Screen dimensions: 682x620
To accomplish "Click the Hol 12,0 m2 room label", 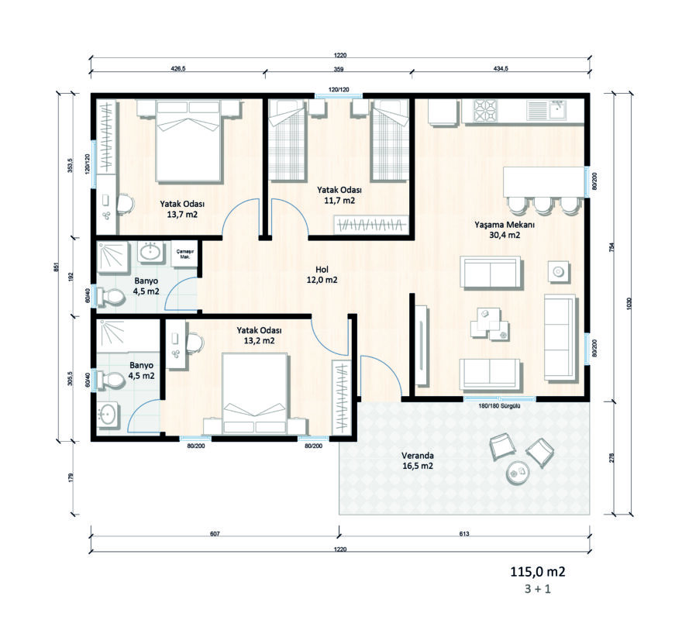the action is pyautogui.click(x=322, y=275).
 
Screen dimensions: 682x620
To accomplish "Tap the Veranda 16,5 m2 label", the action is pyautogui.click(x=417, y=461).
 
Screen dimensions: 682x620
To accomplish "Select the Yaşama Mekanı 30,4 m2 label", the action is pyautogui.click(x=505, y=229).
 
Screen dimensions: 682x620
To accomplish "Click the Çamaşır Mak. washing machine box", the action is pyautogui.click(x=185, y=254).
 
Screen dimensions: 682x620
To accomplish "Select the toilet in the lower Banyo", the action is pyautogui.click(x=111, y=380).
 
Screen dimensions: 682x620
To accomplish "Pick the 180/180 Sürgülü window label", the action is pyautogui.click(x=499, y=406).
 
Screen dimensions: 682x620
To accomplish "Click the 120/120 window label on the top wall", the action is pyautogui.click(x=339, y=90).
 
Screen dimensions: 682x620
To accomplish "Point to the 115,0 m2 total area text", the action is pyautogui.click(x=538, y=571).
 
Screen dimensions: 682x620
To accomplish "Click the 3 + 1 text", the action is pyautogui.click(x=538, y=589).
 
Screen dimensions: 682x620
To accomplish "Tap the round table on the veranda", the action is pyautogui.click(x=518, y=472).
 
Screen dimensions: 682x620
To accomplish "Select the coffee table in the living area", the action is pyautogui.click(x=489, y=324).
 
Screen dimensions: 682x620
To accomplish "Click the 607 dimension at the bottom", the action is pyautogui.click(x=215, y=534).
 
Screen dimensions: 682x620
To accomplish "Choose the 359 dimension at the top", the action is pyautogui.click(x=339, y=69).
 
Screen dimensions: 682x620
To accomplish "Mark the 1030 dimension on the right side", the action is pyautogui.click(x=629, y=303).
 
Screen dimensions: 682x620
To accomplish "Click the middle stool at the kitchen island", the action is pyautogui.click(x=543, y=205).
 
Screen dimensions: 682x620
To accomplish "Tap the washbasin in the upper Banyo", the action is pyautogui.click(x=151, y=251).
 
